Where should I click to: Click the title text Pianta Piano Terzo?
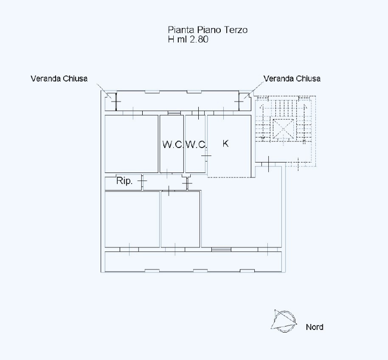click(x=208, y=30)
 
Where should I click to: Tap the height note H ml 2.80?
click(x=188, y=39)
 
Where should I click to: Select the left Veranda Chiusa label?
click(x=59, y=78)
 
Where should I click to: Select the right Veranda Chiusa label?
click(x=292, y=78)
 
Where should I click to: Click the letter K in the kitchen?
click(x=225, y=143)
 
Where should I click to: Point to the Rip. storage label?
click(x=125, y=181)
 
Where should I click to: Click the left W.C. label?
click(x=173, y=144)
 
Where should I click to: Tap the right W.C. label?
click(x=196, y=144)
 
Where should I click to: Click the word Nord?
click(x=314, y=327)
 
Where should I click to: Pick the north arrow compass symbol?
click(x=284, y=321)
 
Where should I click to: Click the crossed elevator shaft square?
click(x=283, y=128)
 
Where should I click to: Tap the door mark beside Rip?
click(x=142, y=181)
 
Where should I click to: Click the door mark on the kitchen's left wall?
click(x=206, y=155)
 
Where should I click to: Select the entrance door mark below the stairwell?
click(x=269, y=163)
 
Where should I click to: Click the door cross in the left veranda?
click(x=116, y=101)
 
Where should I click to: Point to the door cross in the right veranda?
click(x=239, y=101)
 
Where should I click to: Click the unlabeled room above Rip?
click(x=131, y=144)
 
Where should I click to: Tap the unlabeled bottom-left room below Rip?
click(x=132, y=219)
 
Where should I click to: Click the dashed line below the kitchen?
click(x=229, y=177)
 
